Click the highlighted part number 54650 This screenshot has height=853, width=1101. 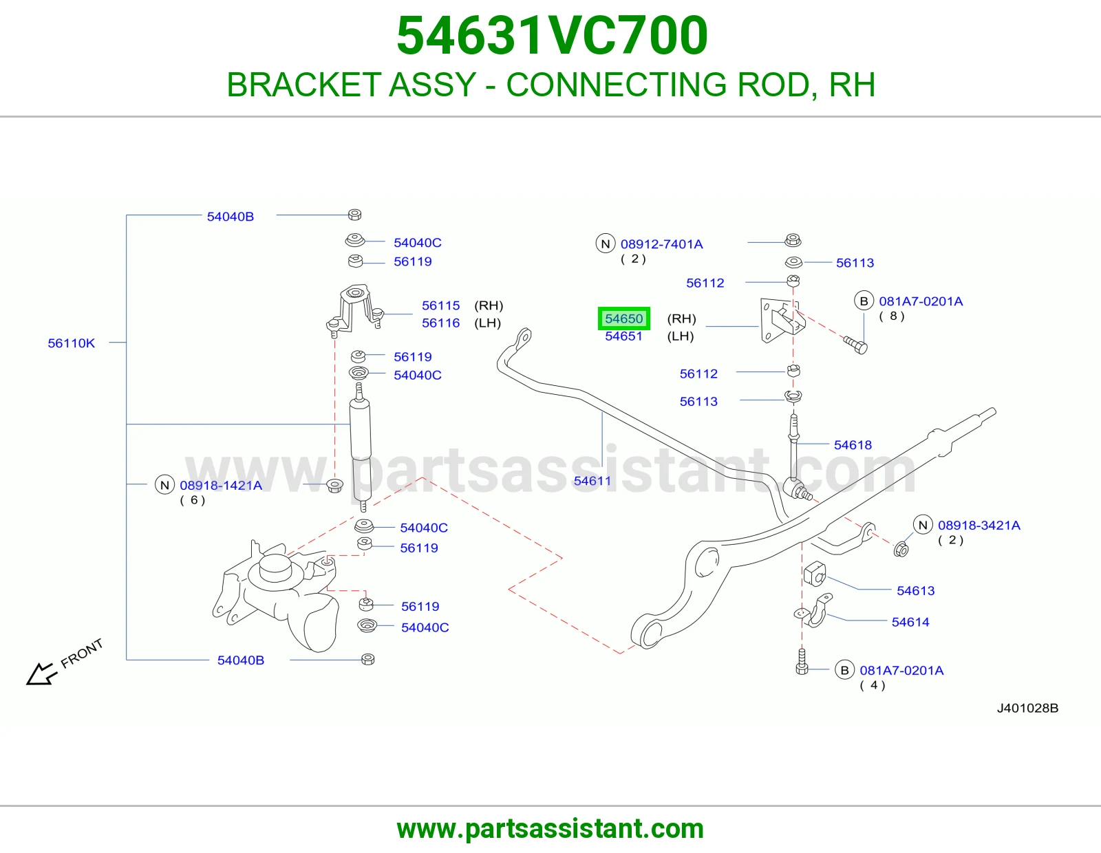pyautogui.click(x=623, y=318)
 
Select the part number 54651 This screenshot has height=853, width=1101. pyautogui.click(x=623, y=336)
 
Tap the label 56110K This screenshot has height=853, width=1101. pyautogui.click(x=72, y=343)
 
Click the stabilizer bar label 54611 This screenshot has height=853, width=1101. pyautogui.click(x=592, y=481)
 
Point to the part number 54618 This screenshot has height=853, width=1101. pyautogui.click(x=853, y=445)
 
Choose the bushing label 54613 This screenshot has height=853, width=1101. pyautogui.click(x=916, y=591)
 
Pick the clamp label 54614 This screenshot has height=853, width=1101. pyautogui.click(x=910, y=622)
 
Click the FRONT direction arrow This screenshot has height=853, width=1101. pyautogui.click(x=41, y=673)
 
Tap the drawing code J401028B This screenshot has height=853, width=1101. pyautogui.click(x=1027, y=708)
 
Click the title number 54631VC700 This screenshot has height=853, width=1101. pyautogui.click(x=552, y=36)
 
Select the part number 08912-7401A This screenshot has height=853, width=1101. pyautogui.click(x=662, y=244)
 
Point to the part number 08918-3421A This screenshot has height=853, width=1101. pyautogui.click(x=979, y=526)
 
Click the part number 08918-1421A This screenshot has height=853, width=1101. pyautogui.click(x=221, y=485)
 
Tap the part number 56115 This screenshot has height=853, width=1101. pyautogui.click(x=441, y=305)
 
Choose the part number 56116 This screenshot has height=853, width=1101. pyautogui.click(x=441, y=323)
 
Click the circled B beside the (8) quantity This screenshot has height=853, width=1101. pyautogui.click(x=864, y=301)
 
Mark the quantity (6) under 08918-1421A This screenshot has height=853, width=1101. pyautogui.click(x=193, y=501)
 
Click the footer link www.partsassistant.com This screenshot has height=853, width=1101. pyautogui.click(x=550, y=829)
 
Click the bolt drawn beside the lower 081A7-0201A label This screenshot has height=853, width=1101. pyautogui.click(x=802, y=662)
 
